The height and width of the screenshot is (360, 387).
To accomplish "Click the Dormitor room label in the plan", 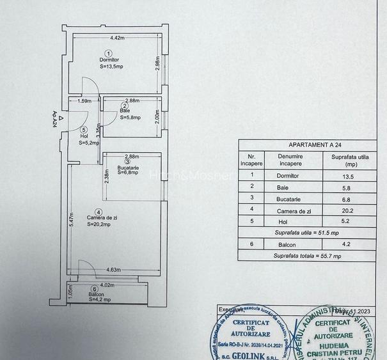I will [109, 59].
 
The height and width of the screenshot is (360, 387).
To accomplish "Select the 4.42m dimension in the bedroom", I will [116, 38].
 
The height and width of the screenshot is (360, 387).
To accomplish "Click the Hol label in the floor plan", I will [84, 136].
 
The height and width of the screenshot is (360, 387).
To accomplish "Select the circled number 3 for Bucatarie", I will [128, 162].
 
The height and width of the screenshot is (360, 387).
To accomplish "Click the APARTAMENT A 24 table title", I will [312, 145].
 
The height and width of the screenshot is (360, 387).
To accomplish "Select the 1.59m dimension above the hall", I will [84, 100].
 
